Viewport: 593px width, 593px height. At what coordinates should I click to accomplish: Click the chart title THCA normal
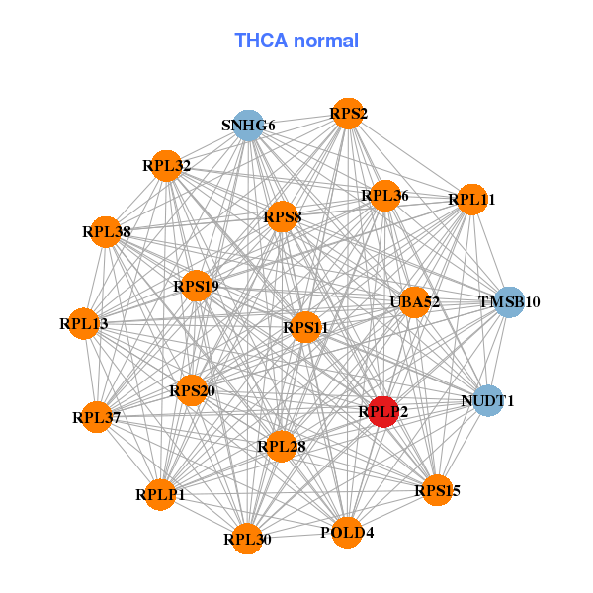tap(296, 41)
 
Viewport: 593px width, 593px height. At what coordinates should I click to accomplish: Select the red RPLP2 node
tap(383, 410)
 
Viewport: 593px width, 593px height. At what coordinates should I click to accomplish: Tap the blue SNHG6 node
tap(248, 126)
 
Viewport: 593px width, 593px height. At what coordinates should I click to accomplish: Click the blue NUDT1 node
tap(486, 400)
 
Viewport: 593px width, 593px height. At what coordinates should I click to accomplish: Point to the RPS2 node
tap(348, 114)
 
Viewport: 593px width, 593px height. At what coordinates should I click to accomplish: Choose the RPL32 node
tap(167, 165)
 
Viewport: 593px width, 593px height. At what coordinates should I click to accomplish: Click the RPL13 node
tap(84, 323)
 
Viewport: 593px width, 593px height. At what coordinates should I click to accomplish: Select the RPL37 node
tap(97, 417)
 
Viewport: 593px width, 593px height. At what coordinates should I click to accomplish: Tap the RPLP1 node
tap(161, 494)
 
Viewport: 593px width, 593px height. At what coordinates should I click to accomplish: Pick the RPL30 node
tap(247, 538)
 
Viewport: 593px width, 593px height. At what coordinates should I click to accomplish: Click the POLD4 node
tap(347, 533)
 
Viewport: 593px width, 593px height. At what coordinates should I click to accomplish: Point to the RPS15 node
tap(437, 489)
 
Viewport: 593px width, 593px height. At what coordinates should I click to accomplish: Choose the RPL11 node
tap(471, 200)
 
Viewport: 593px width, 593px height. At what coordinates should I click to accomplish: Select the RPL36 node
tap(384, 196)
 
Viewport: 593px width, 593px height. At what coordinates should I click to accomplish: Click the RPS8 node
tap(283, 216)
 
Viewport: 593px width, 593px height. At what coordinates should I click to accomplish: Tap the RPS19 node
tap(196, 287)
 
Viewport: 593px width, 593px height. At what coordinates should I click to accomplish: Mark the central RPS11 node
tap(305, 327)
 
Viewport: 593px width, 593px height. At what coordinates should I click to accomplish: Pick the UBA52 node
tap(414, 301)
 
